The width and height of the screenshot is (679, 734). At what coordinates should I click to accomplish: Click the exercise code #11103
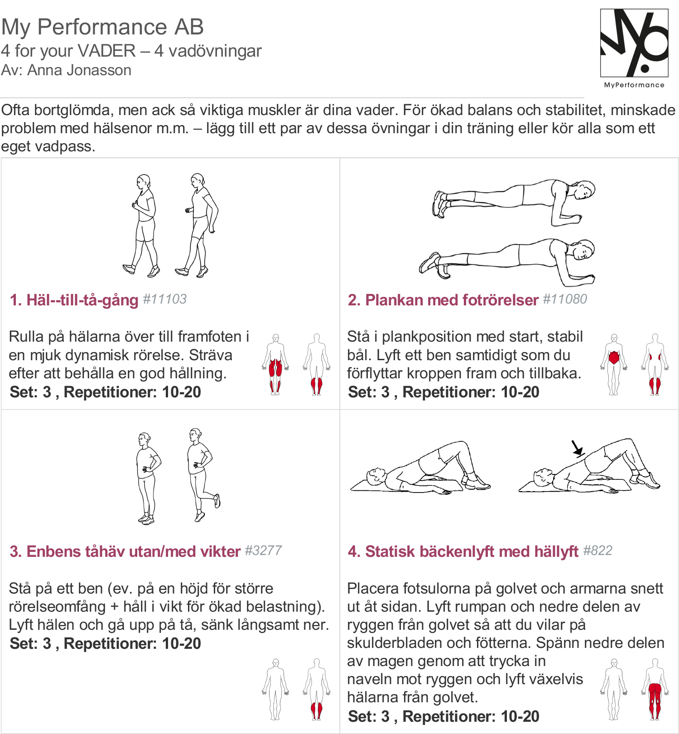pos(165,299)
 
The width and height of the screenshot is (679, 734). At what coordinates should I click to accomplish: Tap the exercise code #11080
pos(565,299)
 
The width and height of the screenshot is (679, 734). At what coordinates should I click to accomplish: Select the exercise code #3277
pos(264,550)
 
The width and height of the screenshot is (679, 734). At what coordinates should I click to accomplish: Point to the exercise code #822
pos(598,550)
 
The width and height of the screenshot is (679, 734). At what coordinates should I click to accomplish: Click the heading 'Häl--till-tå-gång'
pos(82,300)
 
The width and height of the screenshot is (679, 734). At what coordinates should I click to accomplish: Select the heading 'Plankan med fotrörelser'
pos(452,300)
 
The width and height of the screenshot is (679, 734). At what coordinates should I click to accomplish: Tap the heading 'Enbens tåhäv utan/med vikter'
pos(133,551)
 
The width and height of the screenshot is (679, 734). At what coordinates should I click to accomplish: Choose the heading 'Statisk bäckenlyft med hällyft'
pos(472,551)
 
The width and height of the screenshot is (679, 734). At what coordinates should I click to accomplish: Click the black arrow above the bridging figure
pos(577,447)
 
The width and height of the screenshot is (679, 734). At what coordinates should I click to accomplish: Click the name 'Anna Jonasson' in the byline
pos(79,70)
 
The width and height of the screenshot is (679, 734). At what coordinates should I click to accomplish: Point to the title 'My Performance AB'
pos(102,27)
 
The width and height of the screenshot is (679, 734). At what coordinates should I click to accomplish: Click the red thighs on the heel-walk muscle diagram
pos(275,367)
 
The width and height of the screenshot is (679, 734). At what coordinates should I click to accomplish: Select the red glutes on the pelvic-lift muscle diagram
pos(655,691)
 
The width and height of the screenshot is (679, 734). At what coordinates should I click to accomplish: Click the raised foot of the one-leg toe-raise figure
pos(217,501)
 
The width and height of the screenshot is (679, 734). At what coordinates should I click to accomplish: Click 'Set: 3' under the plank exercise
pos(369,392)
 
